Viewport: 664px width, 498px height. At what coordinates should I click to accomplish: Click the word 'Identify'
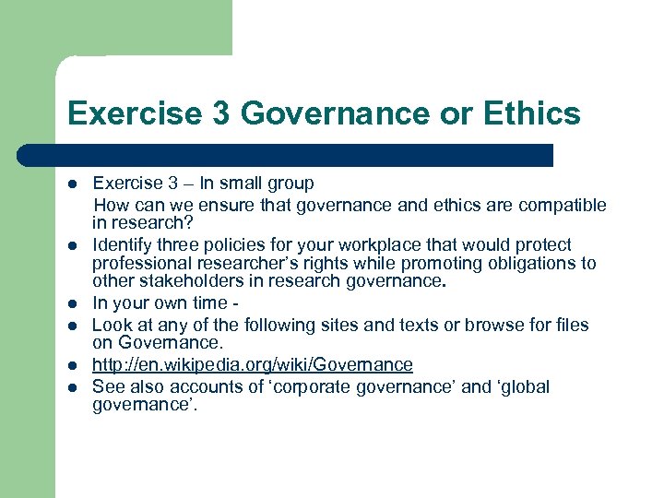pyautogui.click(x=121, y=245)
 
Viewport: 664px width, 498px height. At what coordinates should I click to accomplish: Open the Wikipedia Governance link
pyautogui.click(x=253, y=366)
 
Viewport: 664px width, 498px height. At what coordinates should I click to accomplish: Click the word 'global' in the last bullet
pyautogui.click(x=523, y=386)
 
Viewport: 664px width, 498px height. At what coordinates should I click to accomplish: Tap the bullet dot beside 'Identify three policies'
pyautogui.click(x=72, y=246)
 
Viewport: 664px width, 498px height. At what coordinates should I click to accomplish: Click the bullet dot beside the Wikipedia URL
pyautogui.click(x=72, y=366)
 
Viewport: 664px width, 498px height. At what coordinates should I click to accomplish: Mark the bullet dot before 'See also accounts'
pyautogui.click(x=72, y=386)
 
